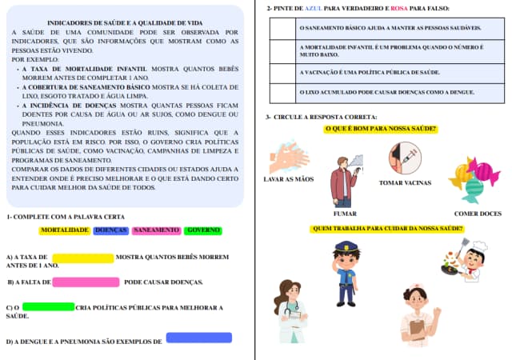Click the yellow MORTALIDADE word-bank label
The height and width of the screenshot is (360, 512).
pos(65,230)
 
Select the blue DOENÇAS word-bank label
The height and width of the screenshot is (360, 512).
pos(110,230)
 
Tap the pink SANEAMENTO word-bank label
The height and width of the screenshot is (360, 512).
pos(157,230)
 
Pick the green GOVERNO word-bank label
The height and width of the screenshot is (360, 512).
pos(203,230)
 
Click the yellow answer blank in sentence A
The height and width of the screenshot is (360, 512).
pos(83,258)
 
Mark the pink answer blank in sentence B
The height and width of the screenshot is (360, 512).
pos(86,282)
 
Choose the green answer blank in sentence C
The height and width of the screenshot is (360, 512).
pos(49,307)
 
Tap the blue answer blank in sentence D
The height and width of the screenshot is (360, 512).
pos(198,338)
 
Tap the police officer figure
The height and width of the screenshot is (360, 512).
pos(346,273)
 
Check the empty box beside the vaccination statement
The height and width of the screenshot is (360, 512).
pos(282,72)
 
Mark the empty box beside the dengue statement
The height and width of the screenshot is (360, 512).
pos(282,92)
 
